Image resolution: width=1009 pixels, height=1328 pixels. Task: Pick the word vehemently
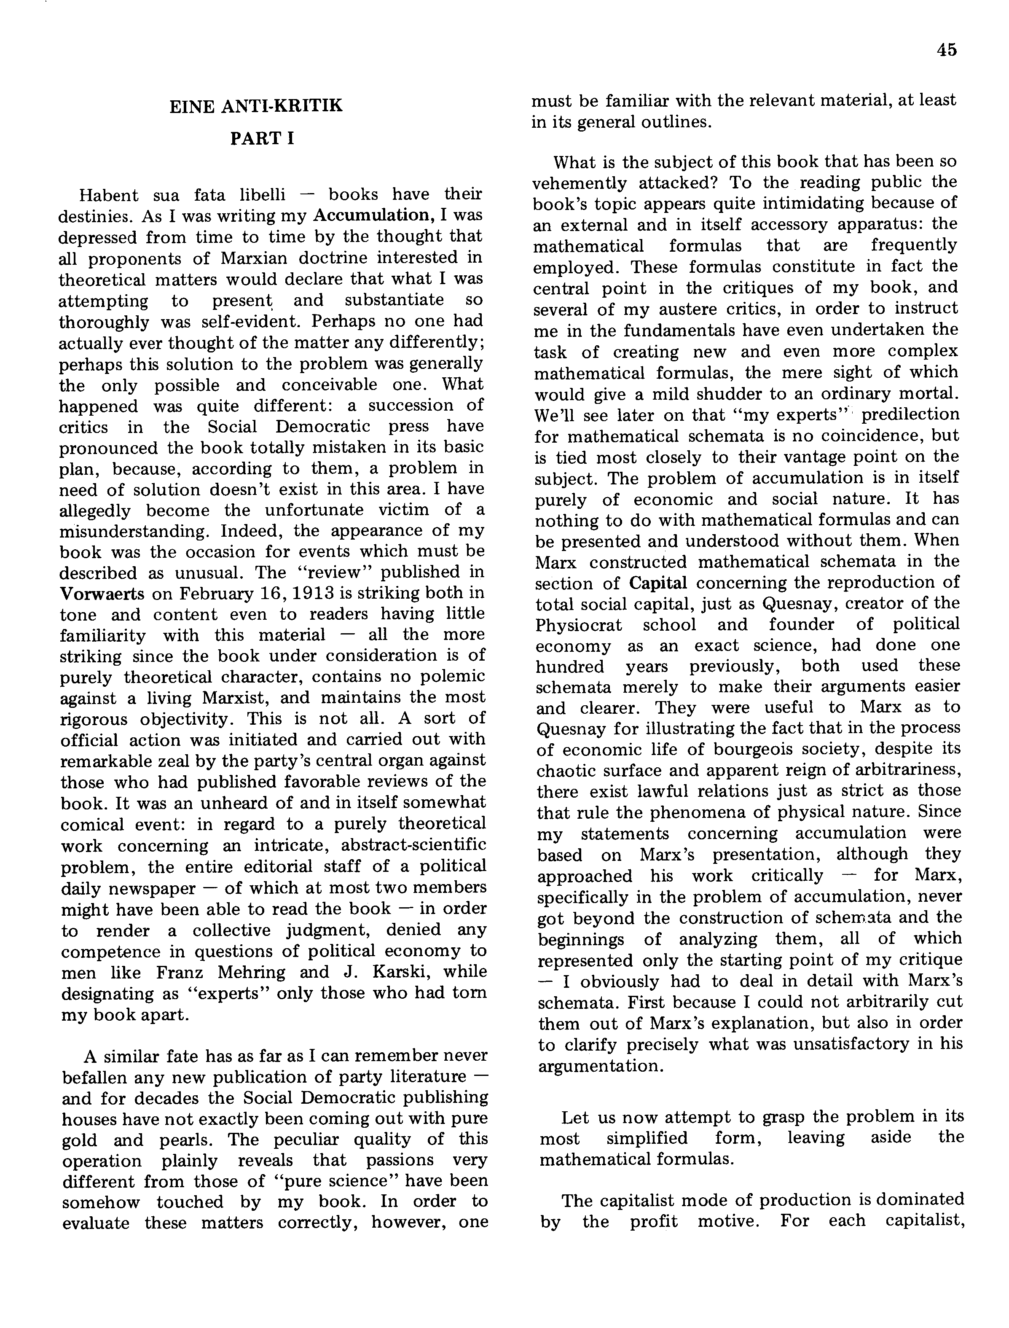pyautogui.click(x=580, y=183)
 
